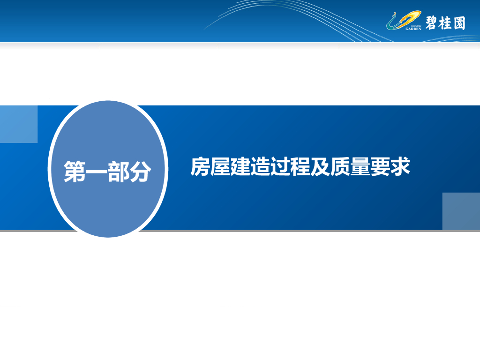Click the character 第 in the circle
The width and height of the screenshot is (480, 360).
pyautogui.click(x=75, y=172)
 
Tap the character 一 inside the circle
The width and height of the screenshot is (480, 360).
pyautogui.click(x=97, y=172)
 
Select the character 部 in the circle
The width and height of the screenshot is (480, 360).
pyautogui.click(x=118, y=172)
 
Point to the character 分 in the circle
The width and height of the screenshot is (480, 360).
pyautogui.click(x=140, y=172)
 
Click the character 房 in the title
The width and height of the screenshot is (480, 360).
pyautogui.click(x=200, y=166)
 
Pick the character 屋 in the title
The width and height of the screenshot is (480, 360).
pyautogui.click(x=220, y=166)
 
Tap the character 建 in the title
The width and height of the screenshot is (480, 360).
pyautogui.click(x=240, y=166)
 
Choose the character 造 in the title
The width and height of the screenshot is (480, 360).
pyautogui.click(x=260, y=166)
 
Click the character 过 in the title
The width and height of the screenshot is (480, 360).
pyautogui.click(x=280, y=166)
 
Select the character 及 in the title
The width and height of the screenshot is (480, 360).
pyautogui.click(x=320, y=166)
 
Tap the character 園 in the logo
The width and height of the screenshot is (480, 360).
pyautogui.click(x=459, y=23)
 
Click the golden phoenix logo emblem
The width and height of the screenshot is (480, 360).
pyautogui.click(x=404, y=20)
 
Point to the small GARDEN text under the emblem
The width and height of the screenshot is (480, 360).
pyautogui.click(x=413, y=29)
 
